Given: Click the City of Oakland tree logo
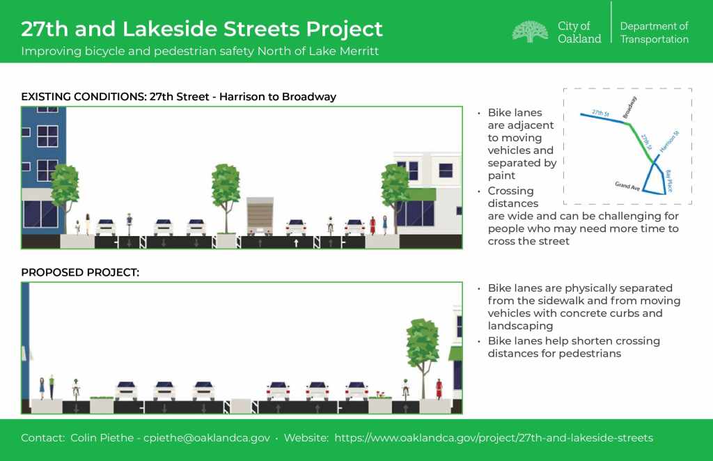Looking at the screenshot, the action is point(530,31).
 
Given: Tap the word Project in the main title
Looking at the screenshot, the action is point(344,29).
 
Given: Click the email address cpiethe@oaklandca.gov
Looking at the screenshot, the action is point(206,438).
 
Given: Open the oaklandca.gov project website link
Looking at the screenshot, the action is point(494,438).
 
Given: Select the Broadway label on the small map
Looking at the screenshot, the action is point(629,107).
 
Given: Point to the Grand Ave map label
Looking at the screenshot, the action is point(627,186).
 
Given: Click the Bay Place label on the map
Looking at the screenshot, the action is point(668,180).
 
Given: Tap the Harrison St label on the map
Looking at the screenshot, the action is point(669,141).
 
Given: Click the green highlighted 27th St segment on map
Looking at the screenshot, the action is point(641,141).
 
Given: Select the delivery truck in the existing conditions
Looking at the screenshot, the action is point(260,216).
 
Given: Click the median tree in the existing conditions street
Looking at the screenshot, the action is point(226,196).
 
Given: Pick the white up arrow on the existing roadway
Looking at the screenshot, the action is point(296,243).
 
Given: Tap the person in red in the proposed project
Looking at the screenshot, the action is point(439,389).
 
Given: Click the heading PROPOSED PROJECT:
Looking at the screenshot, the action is point(80,272).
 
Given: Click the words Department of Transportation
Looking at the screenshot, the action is point(655,32).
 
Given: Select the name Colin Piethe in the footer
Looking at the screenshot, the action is point(102,438).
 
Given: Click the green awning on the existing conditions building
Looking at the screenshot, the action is point(421,194).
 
